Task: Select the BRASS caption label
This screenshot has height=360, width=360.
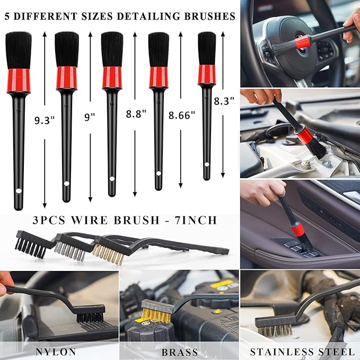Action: coord(180,352)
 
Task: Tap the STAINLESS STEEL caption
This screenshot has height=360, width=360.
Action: coord(302,352)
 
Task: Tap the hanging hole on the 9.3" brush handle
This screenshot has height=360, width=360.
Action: coord(18,190)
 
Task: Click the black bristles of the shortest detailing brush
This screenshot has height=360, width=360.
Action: coord(207,48)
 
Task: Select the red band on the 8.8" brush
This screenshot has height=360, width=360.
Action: coord(112,77)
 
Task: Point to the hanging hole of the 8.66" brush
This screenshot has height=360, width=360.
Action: coord(159,173)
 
